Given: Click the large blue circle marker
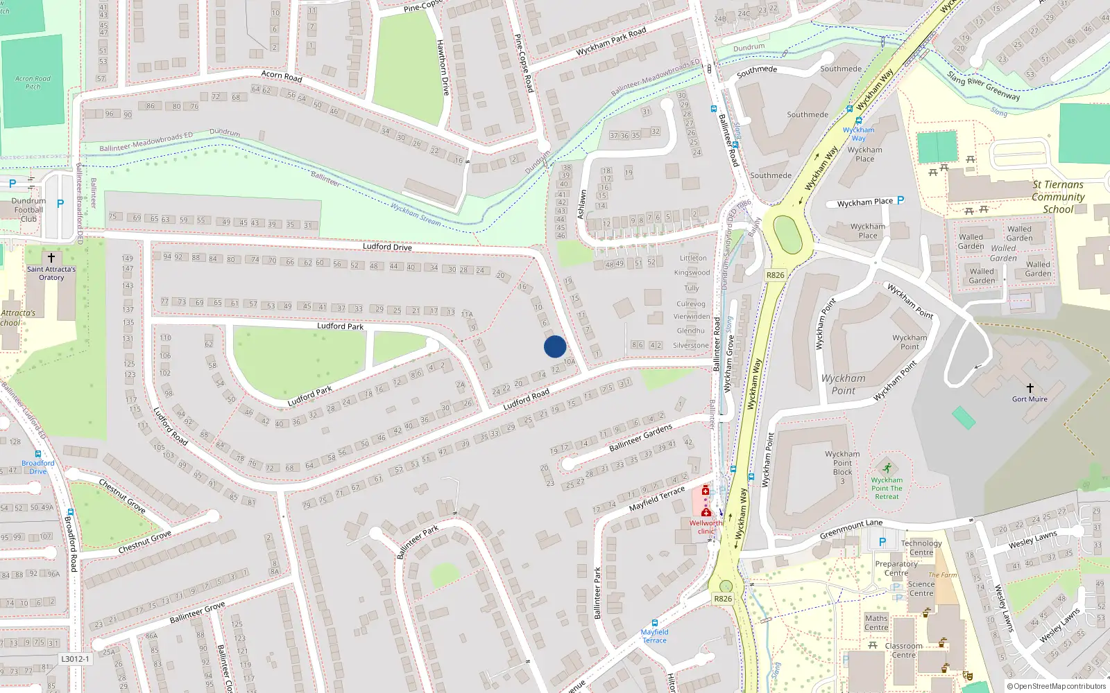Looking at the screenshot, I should [555, 346].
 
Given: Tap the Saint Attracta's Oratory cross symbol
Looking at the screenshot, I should [51, 258].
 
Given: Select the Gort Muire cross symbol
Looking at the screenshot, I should [1030, 388].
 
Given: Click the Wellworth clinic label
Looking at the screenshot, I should [706, 527].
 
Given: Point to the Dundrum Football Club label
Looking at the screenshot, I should [28, 210].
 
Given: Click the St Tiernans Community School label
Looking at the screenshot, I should [1058, 197].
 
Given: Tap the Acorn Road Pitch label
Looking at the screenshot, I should [33, 82].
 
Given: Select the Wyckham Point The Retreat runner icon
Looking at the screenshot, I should [887, 468].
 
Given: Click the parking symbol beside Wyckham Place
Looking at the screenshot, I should [900, 200].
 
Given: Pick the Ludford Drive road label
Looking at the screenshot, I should [387, 247].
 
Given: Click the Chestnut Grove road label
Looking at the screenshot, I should [144, 542].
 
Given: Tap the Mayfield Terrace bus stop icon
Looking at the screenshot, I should [654, 623].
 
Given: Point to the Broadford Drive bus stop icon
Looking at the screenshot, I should [37, 455].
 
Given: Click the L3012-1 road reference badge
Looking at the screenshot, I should [75, 659].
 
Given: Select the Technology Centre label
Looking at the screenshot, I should [921, 547].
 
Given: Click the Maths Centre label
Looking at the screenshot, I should [876, 622].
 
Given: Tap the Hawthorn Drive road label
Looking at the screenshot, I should [443, 67].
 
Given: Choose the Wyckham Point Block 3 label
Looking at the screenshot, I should [842, 467].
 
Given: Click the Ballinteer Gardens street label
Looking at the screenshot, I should [640, 438].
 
